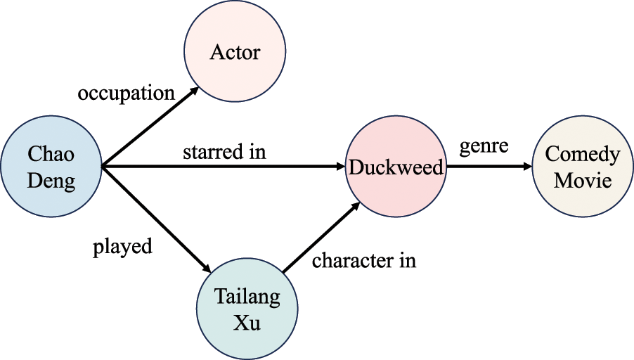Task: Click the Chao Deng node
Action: point(51,167)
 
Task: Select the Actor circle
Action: point(234,53)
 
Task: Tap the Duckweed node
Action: point(396,168)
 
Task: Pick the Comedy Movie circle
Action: point(582,167)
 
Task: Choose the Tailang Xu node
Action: point(247,309)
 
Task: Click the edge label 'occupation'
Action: point(126,93)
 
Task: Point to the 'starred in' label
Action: point(224,151)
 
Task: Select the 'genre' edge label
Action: point(484,147)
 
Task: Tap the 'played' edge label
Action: point(122,247)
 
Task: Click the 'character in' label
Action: point(364,260)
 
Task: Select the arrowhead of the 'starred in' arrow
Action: point(339,167)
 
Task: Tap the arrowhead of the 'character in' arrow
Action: point(357,205)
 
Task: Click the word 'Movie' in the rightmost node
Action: point(583,180)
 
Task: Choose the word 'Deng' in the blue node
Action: point(51,181)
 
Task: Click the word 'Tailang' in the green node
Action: point(247,296)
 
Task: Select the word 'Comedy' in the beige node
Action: point(583,155)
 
